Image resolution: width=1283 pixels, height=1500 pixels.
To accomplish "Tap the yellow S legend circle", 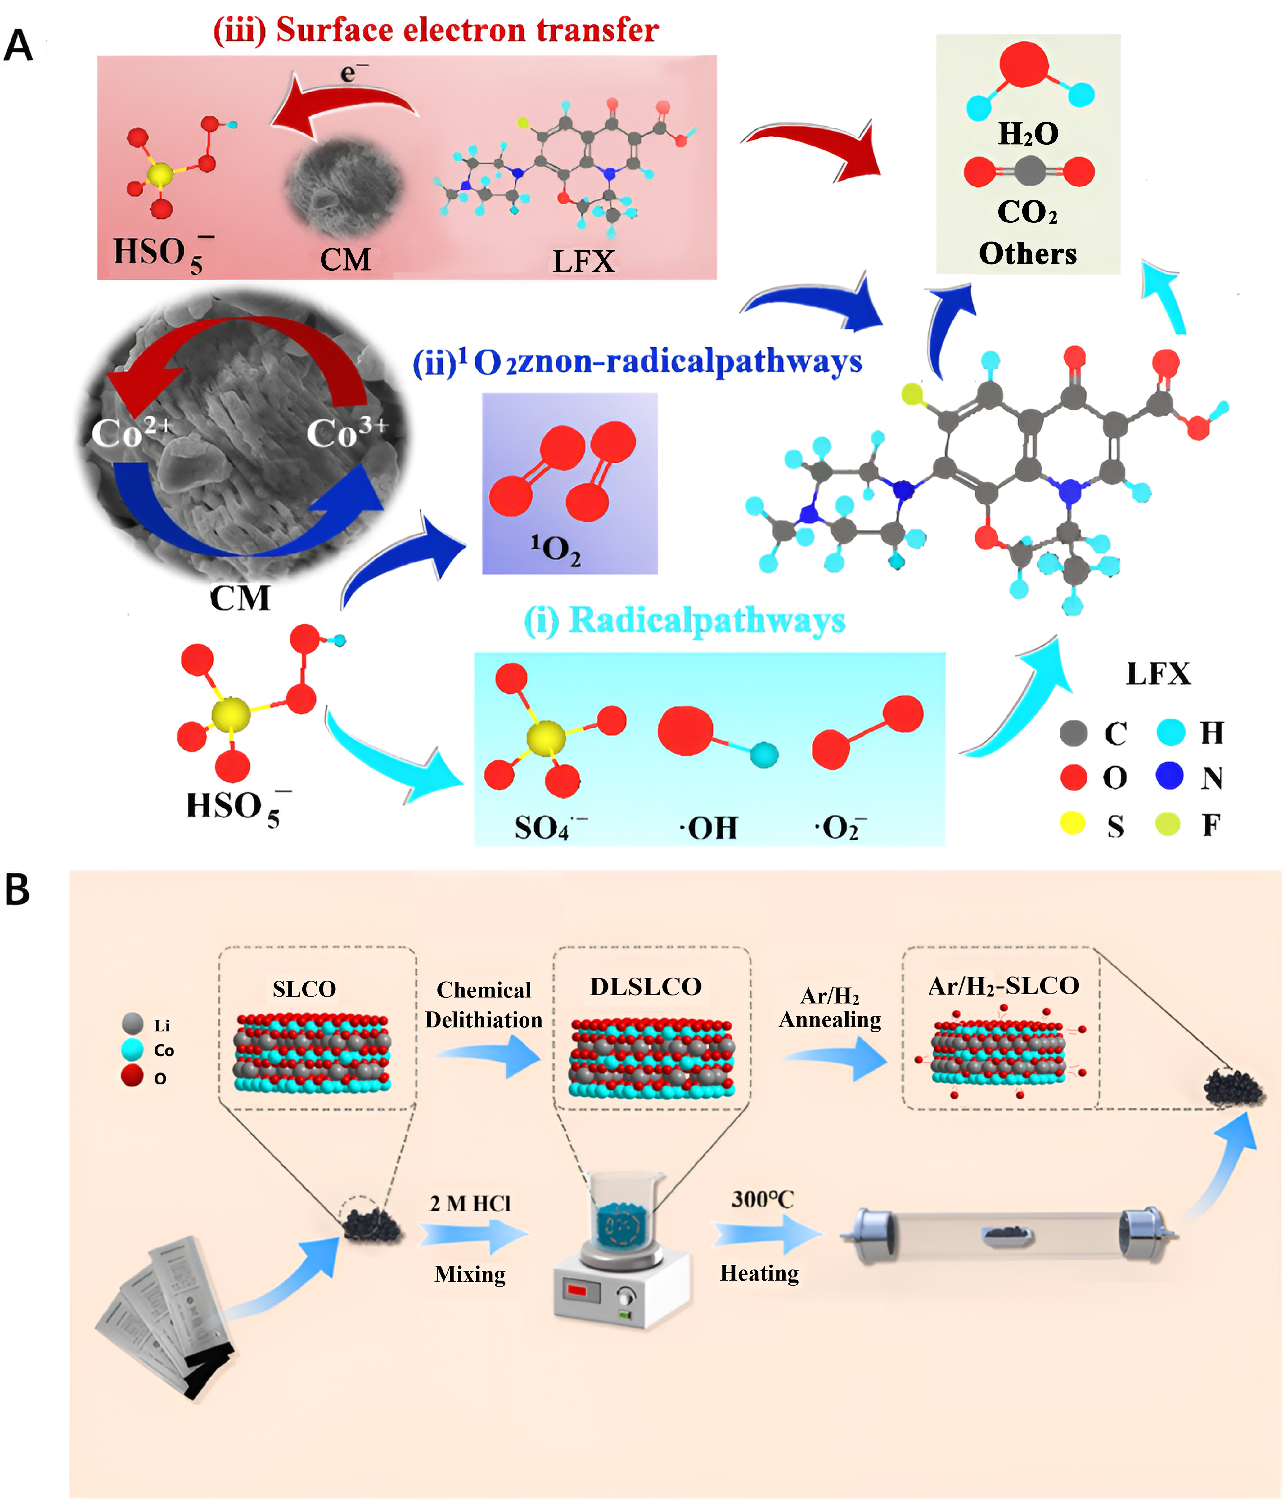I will pyautogui.click(x=1072, y=823).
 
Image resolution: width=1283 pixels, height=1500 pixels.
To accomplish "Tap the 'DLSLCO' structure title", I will pyautogui.click(x=645, y=987).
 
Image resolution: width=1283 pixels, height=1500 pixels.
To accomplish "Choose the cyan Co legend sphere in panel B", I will pyautogui.click(x=133, y=1050).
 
